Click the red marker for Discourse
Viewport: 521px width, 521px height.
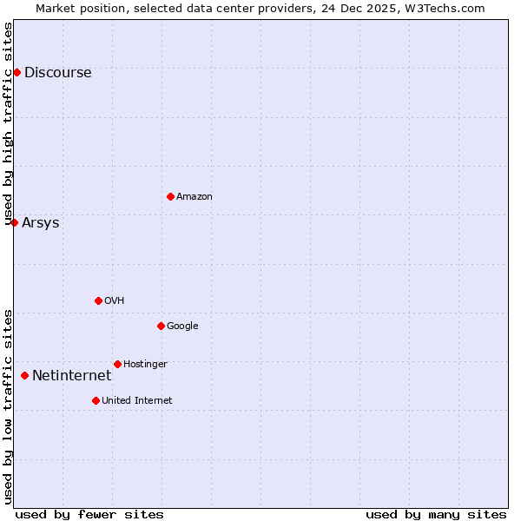coord(16,72)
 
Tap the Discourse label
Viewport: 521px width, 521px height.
coord(57,73)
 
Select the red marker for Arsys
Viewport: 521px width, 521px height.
coord(14,222)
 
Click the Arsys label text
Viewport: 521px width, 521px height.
coord(41,223)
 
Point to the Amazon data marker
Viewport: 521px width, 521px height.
coord(170,196)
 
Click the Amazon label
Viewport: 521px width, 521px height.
coord(195,197)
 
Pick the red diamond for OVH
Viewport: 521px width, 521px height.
coord(98,300)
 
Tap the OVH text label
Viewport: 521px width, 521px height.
coord(115,301)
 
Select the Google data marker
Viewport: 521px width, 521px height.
coord(161,326)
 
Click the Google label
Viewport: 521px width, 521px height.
coord(182,326)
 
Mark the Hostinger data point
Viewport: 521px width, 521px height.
coord(117,364)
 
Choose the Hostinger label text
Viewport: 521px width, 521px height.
coord(145,365)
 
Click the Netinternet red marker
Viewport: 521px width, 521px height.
coord(24,375)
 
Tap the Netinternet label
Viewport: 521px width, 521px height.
coord(71,376)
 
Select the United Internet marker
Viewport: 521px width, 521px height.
coord(96,400)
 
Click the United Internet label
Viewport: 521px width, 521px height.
coord(136,401)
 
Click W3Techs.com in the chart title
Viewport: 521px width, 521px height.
coord(447,9)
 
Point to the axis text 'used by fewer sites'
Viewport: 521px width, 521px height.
coord(89,514)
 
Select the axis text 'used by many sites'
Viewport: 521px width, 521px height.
coord(436,514)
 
